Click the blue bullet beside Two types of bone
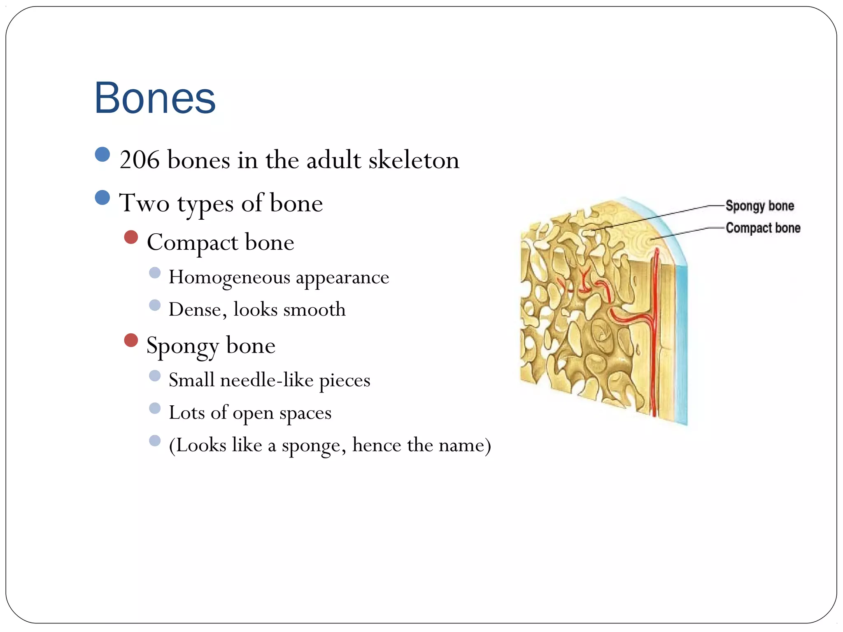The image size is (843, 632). point(102,197)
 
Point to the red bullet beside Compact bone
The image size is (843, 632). point(131,237)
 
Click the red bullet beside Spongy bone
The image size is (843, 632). point(131,340)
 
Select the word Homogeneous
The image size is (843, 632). point(229,277)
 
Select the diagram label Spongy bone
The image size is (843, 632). point(759,206)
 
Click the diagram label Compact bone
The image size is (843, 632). point(763,228)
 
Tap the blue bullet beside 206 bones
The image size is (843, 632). point(102,154)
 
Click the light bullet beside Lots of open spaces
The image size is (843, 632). point(155,408)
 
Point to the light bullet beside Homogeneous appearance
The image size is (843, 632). point(155,272)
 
